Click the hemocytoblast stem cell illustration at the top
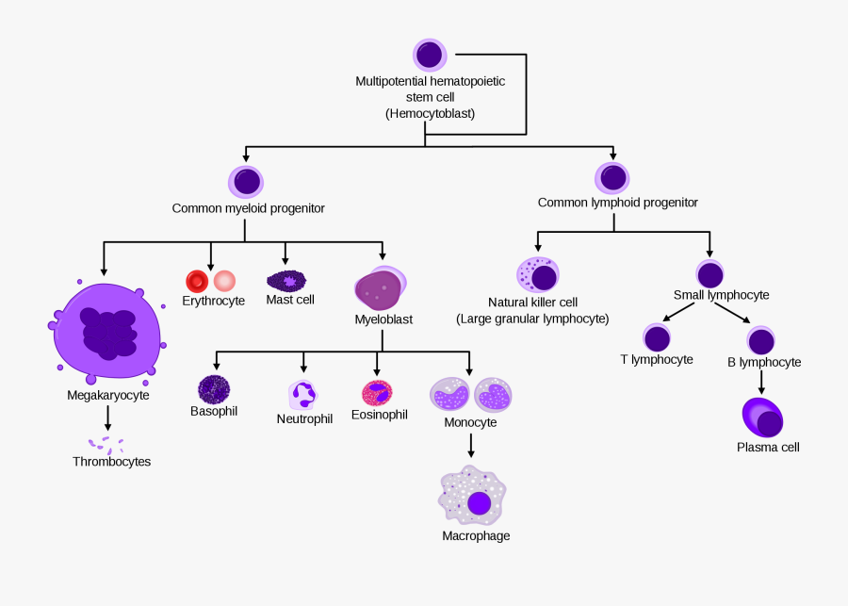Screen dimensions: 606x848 coord(430,55)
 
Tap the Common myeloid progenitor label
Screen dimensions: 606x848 coord(248,208)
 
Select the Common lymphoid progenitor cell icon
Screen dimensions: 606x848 coord(612,177)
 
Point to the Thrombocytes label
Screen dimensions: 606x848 coord(111,462)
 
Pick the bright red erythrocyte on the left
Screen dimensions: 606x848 coord(197,281)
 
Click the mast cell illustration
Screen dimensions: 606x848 coord(286,280)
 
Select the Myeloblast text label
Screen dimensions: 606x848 coord(383,319)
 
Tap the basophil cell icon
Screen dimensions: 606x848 coord(214,389)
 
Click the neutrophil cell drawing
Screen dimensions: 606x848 coord(303,394)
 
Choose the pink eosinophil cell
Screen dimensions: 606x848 coord(377,392)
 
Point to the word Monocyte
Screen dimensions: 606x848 coord(470,422)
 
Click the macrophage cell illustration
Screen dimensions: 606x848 coord(473,497)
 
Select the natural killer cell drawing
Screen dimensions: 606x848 coord(538,275)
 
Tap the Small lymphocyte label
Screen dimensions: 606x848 coord(721,295)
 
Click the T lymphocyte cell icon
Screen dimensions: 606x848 coord(657,338)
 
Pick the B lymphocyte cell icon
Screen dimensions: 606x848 coord(761,340)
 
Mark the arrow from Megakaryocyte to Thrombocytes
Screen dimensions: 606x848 coord(107,418)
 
